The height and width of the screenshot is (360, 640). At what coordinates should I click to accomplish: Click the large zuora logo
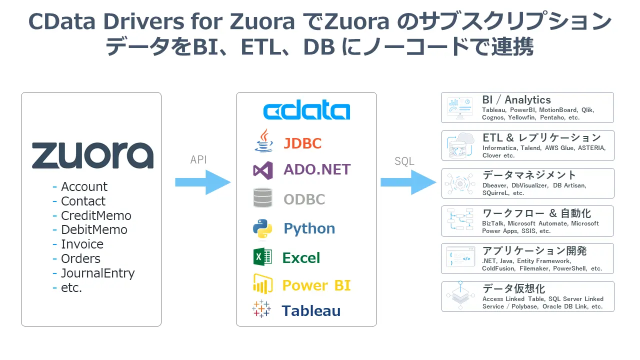tap(92, 155)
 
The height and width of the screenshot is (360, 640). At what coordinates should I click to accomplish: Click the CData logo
tap(306, 111)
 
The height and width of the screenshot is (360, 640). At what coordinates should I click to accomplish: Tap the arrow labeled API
tap(203, 182)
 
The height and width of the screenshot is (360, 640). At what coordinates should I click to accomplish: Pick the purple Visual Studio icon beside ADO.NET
tap(263, 170)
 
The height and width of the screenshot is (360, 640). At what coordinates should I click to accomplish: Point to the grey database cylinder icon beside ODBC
tap(262, 198)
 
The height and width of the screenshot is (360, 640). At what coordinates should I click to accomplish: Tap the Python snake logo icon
tap(262, 228)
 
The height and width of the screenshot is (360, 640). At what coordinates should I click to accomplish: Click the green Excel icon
tap(262, 257)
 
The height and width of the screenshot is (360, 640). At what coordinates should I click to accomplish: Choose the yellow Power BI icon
tap(262, 284)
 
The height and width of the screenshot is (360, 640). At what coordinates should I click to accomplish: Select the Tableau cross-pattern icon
tap(262, 309)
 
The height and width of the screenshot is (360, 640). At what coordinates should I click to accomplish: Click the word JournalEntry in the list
tap(97, 273)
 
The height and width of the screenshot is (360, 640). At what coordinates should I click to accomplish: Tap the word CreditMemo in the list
tap(96, 215)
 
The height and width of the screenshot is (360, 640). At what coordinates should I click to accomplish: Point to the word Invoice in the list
tap(82, 244)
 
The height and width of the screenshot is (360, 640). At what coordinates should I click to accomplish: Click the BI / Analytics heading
tap(516, 100)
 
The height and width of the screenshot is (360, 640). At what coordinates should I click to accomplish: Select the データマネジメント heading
tap(529, 175)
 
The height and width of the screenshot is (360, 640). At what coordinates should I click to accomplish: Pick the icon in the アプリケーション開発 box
tap(460, 258)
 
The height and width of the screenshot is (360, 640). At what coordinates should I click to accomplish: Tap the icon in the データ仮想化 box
tap(460, 296)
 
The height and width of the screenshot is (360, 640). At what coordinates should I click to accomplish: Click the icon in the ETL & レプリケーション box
tap(460, 145)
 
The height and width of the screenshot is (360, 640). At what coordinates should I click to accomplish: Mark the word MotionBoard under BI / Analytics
tap(557, 110)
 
